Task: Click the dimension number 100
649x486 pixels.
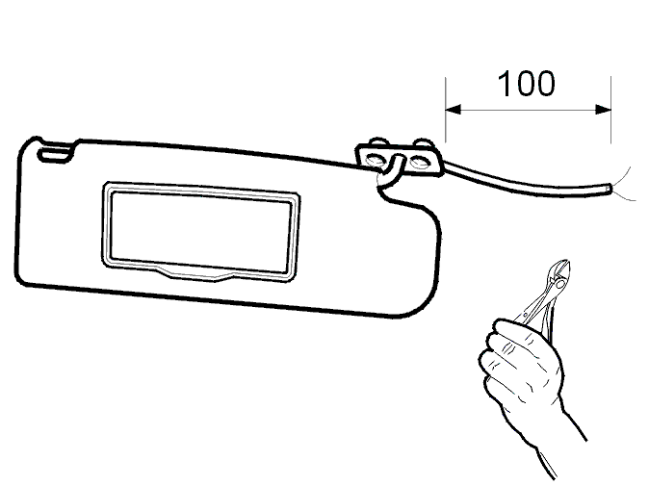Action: tap(526, 84)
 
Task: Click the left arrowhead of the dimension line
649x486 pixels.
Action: tap(453, 110)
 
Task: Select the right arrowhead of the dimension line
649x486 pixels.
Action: tap(603, 110)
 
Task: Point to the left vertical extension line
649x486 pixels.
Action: tap(446, 110)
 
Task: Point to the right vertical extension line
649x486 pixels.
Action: tap(610, 110)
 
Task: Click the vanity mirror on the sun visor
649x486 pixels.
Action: tap(200, 232)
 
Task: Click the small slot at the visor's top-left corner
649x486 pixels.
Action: tap(55, 154)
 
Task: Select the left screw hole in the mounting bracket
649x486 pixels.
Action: tap(376, 160)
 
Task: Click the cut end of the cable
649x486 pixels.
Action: tap(608, 189)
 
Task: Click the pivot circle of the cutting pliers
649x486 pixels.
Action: tap(559, 284)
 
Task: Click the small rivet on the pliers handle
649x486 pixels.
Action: tap(526, 315)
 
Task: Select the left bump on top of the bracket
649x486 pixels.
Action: tap(378, 141)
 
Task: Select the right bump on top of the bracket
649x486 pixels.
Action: tap(424, 143)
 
